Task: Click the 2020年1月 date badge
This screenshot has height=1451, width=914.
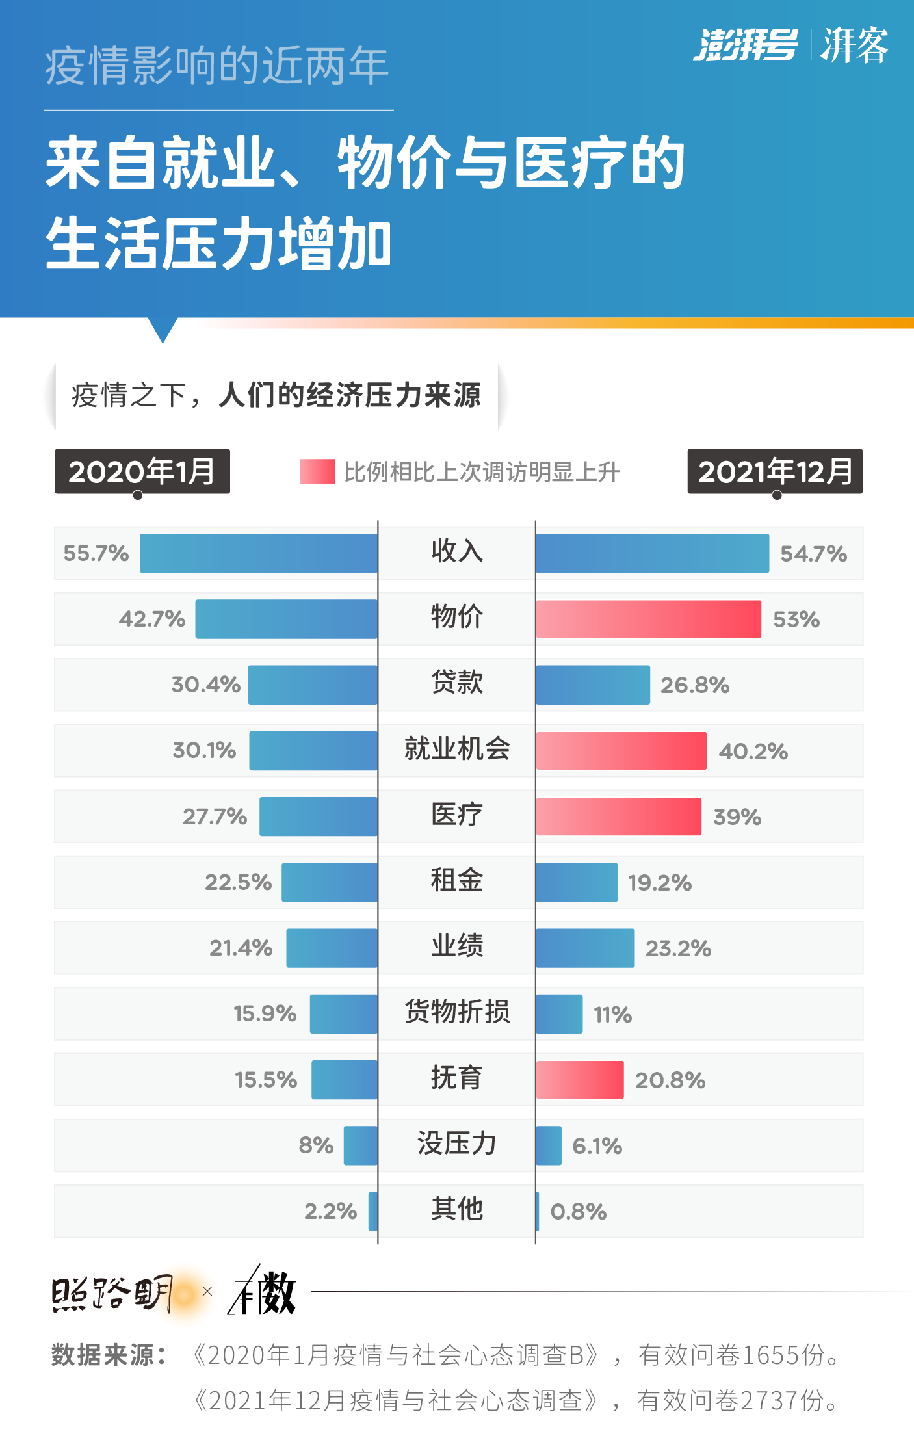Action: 142,471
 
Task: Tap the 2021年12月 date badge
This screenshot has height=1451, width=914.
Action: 775,471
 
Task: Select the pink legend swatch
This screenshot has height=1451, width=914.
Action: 317,471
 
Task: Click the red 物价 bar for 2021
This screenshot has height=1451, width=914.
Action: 648,619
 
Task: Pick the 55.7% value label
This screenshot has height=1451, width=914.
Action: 96,553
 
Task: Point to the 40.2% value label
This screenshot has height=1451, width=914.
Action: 753,752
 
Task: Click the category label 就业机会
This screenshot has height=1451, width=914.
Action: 457,749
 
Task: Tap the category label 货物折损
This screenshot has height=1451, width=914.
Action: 457,1012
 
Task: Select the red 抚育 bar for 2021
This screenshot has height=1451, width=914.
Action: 579,1080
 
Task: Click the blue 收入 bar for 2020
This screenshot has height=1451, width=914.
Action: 259,553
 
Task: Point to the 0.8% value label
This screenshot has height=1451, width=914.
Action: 578,1212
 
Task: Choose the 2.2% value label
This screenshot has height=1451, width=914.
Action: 330,1212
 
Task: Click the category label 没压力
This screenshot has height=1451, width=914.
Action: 457,1144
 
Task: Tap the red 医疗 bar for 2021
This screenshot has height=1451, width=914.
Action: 618,817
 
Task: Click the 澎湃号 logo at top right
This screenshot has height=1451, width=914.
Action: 745,46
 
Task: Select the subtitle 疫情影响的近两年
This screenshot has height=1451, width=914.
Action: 217,66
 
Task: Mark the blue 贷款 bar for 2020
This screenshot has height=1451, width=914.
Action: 313,685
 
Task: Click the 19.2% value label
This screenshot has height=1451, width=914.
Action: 659,883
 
